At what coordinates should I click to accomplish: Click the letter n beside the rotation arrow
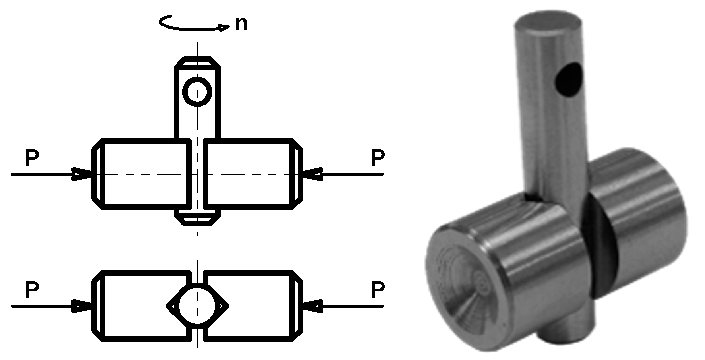(x=241, y=24)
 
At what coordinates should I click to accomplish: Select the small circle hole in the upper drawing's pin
(x=197, y=92)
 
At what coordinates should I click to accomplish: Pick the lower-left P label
(x=32, y=290)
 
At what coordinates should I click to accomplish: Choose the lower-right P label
(x=378, y=290)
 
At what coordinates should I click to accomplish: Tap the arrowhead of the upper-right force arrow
(x=313, y=174)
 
